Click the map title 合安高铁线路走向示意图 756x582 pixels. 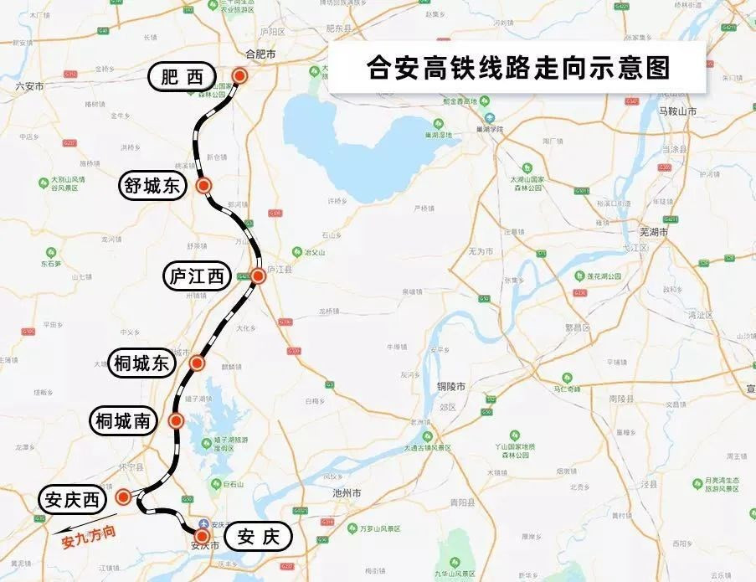(x=519, y=67)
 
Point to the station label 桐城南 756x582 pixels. (x=123, y=421)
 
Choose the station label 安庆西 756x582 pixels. (x=73, y=501)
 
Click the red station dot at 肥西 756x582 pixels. (x=240, y=76)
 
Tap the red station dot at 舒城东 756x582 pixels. (x=203, y=185)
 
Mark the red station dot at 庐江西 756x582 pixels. (x=258, y=276)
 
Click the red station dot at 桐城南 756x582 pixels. (x=177, y=421)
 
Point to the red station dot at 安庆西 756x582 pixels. (x=124, y=497)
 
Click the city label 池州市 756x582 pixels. (x=345, y=492)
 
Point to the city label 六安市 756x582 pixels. (x=29, y=85)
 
